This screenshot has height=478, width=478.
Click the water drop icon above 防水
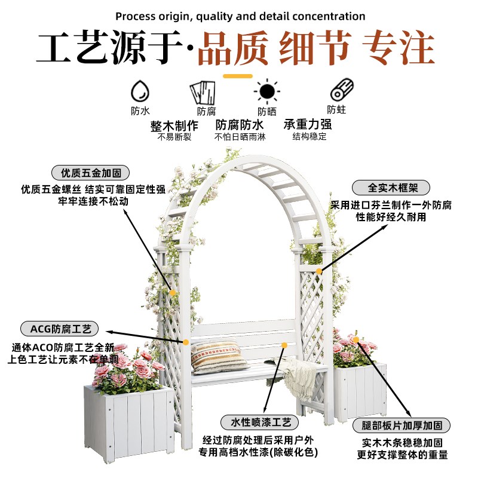coord(140,91)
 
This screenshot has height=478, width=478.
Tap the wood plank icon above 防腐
coord(203,93)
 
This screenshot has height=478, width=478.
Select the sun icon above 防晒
coord(266,91)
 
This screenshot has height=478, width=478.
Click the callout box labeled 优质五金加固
coord(90,173)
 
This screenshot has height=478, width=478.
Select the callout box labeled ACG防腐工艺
coord(59,329)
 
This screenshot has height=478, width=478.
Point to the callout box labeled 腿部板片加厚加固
coord(406,425)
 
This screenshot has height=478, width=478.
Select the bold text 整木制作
coord(174,125)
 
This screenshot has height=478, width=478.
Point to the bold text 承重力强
coord(308,125)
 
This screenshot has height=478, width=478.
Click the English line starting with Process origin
coord(240,16)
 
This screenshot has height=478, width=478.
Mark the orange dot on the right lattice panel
coord(320,271)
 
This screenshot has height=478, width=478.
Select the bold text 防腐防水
coord(240,125)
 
